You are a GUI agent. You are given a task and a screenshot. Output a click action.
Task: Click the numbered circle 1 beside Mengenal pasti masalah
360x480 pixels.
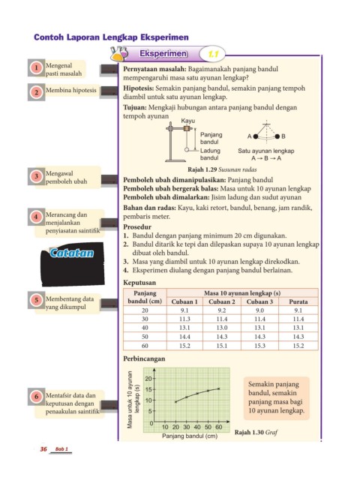(37, 67)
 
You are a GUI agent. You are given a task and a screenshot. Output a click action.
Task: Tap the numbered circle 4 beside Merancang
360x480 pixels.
(36, 217)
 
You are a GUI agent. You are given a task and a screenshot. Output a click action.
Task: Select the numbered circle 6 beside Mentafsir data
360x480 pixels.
(37, 397)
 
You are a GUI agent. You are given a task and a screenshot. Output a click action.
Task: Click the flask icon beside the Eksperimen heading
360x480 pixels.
(118, 53)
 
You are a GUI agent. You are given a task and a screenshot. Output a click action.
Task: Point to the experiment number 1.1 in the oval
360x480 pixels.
(213, 54)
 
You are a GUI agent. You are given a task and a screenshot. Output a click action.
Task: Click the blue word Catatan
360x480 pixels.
(72, 253)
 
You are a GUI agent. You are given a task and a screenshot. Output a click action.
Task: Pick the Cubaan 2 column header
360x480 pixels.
(222, 301)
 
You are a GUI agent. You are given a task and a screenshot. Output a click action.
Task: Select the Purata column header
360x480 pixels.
(298, 301)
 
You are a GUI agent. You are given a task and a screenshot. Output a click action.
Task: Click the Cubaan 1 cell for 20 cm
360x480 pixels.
(184, 310)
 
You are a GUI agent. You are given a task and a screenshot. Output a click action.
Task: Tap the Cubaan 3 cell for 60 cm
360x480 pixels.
(259, 346)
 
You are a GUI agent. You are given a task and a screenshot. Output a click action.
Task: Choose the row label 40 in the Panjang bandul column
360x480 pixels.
(145, 328)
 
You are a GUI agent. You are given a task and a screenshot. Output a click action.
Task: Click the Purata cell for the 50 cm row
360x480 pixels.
(298, 337)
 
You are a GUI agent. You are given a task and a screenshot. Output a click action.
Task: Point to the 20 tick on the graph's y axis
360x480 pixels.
(148, 379)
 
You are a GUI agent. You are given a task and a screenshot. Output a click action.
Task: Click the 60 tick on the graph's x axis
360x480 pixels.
(218, 427)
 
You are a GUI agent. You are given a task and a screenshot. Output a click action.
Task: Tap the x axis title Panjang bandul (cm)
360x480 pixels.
(190, 436)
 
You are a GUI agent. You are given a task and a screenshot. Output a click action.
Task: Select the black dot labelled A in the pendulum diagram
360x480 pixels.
(256, 136)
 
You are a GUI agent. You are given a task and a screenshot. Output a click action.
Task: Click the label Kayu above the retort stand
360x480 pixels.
(187, 121)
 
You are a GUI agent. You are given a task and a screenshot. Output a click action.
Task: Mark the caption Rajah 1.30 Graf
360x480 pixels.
(256, 432)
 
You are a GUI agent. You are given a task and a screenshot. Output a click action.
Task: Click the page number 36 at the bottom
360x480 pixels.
(43, 448)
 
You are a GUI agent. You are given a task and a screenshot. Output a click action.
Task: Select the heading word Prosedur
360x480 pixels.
(137, 227)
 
